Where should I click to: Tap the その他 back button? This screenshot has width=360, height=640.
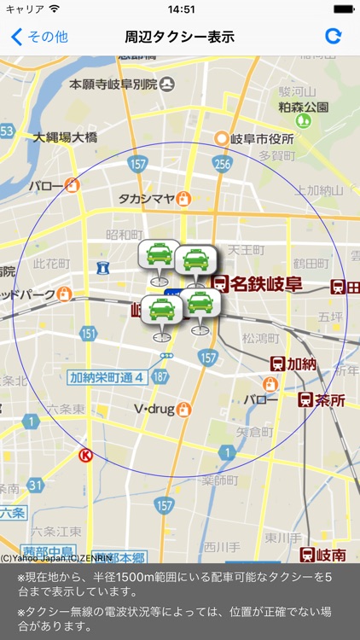pos(39,37)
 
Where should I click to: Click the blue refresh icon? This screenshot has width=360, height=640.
pos(334,37)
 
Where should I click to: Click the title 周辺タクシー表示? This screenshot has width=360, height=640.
pos(179,37)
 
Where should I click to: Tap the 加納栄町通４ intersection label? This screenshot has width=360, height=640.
pos(105,377)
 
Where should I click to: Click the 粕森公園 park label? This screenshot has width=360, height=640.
pos(303,108)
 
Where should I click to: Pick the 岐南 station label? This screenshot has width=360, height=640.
pos(330,556)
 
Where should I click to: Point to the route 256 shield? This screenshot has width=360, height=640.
pos(223,165)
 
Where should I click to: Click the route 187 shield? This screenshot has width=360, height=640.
pos(160,376)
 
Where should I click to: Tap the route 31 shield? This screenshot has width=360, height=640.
pos(35,485)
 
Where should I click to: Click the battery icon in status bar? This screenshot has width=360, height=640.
pos(343,9)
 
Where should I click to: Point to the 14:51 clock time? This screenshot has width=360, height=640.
pos(181,9)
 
